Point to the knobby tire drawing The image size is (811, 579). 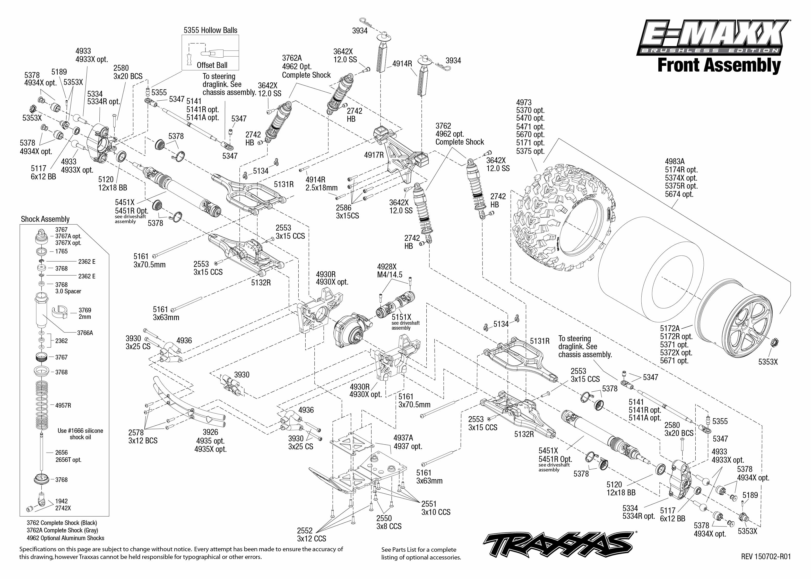(x=564, y=217)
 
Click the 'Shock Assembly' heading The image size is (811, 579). (x=45, y=219)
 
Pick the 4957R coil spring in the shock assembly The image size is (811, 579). (x=42, y=405)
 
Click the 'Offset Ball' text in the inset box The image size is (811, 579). (x=212, y=65)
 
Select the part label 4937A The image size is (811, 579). (x=403, y=438)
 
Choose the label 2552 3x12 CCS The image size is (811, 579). (x=311, y=534)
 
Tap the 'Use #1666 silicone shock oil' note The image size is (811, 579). (x=80, y=434)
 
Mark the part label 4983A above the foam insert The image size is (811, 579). (x=674, y=162)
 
